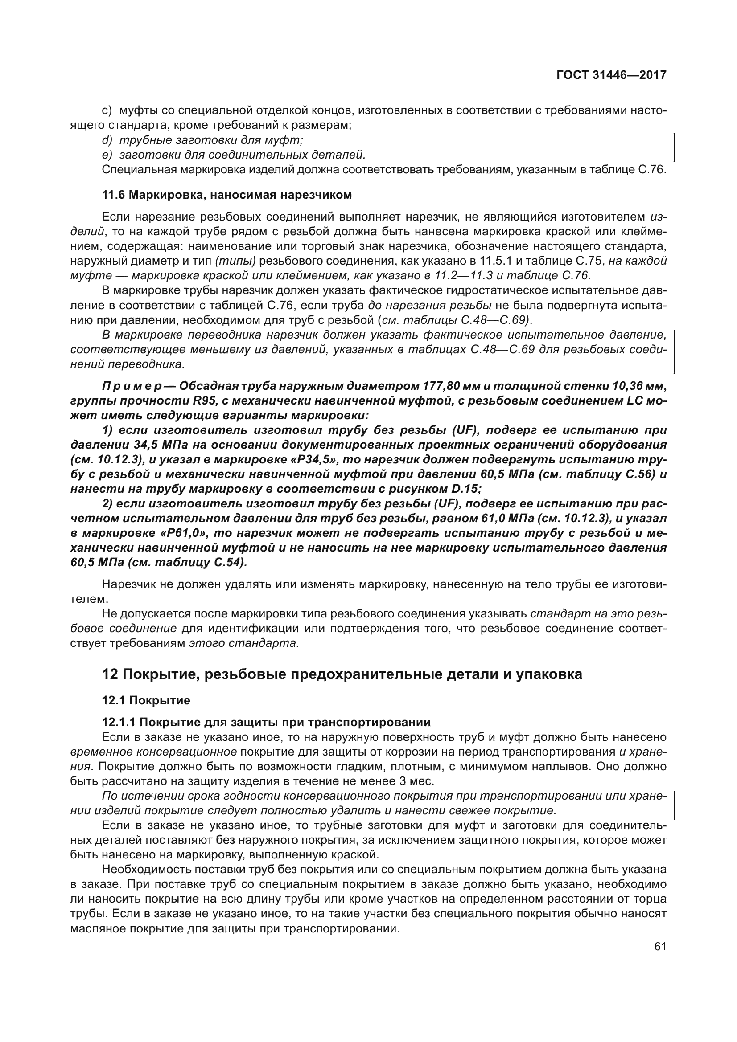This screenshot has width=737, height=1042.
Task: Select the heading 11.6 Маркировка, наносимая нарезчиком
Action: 226,195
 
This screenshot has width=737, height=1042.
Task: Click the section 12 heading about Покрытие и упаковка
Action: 342,674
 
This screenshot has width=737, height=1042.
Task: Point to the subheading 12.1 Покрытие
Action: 146,700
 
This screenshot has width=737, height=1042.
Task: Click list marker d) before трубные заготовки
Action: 107,140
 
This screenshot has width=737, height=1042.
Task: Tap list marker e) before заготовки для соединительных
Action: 107,155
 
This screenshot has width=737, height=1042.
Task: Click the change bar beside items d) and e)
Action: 673,147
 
